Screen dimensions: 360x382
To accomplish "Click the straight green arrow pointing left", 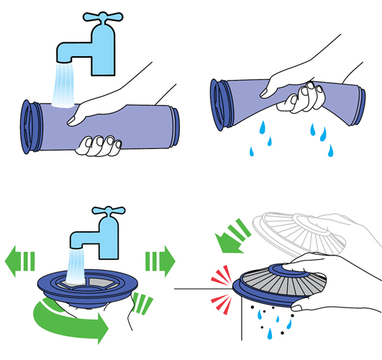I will point(21,257).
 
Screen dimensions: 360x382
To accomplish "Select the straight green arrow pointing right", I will point(160,257).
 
